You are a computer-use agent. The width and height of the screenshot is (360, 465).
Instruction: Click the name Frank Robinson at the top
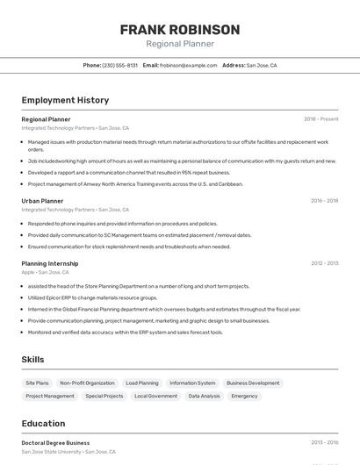tap(179, 30)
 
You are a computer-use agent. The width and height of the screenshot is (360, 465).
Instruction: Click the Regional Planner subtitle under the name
tap(179, 44)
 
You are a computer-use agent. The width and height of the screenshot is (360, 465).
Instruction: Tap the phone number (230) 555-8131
tap(120, 65)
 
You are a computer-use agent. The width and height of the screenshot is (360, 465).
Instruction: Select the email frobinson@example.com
tap(188, 65)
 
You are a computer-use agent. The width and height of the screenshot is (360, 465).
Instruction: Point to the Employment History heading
tap(65, 100)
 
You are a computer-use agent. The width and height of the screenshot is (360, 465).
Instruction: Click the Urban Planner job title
tap(42, 201)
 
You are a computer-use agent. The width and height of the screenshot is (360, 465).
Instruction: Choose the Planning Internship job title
tap(50, 263)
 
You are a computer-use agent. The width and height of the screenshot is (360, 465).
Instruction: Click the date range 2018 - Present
tap(320, 119)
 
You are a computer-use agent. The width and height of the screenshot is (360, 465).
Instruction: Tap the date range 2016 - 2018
tap(324, 201)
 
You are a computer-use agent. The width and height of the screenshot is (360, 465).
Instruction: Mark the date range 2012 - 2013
tap(324, 263)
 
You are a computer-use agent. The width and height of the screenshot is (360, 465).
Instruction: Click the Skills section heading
tap(32, 360)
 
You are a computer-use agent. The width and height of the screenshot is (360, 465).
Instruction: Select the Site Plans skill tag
tap(37, 383)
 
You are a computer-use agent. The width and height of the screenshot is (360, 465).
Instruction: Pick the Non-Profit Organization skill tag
tap(87, 383)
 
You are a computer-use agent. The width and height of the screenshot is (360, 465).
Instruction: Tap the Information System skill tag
tap(192, 383)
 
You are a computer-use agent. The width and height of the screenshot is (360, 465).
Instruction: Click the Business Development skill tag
tap(253, 383)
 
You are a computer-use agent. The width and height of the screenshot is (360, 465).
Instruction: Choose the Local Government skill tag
tap(155, 397)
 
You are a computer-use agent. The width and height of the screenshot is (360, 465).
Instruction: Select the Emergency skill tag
tap(244, 397)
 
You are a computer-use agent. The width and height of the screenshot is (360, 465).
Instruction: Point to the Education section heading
tap(43, 424)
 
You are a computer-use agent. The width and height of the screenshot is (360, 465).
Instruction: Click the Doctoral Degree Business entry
tap(55, 443)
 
